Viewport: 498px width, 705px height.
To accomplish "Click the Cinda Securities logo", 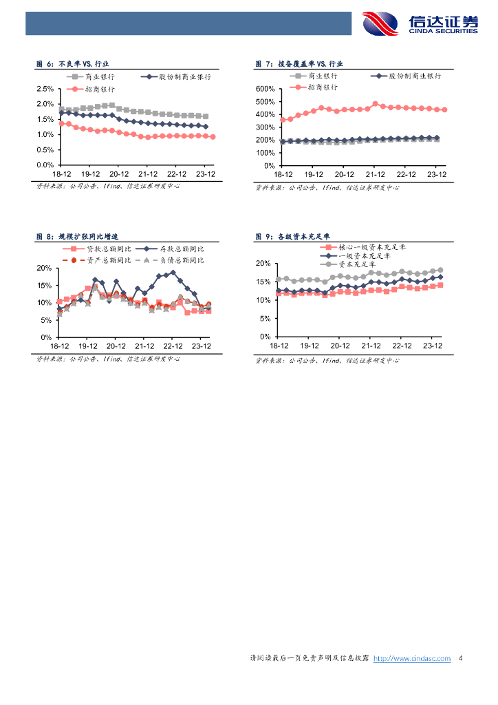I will tap(420, 23).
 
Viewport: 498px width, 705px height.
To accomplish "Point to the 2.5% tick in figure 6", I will tap(45, 89).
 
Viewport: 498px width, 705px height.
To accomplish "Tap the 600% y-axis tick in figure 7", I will tap(265, 89).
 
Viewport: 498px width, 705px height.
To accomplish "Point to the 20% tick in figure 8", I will tap(45, 268).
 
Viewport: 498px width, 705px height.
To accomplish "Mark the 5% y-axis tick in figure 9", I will tap(265, 318).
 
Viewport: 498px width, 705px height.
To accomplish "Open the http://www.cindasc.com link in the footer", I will tap(411, 659).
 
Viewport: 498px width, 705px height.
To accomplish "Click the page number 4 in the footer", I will tap(460, 659).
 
